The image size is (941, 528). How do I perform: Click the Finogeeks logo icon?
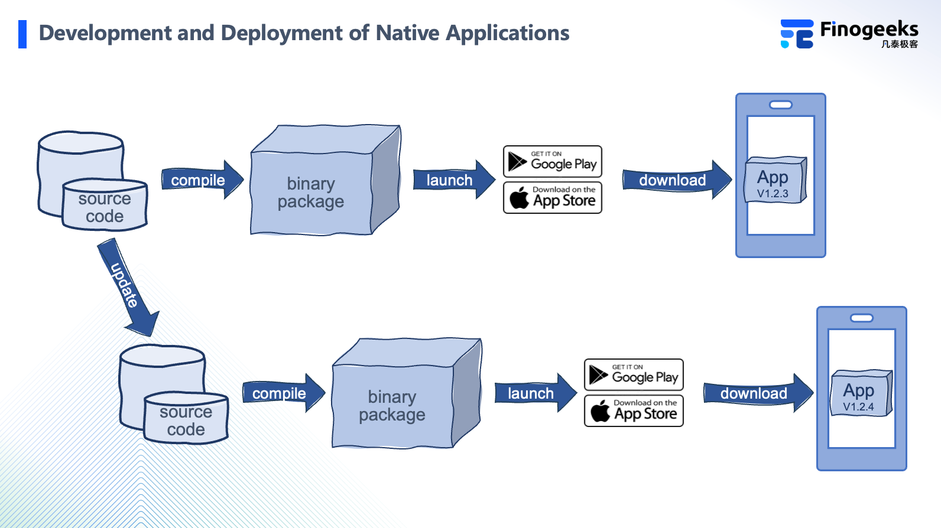(797, 34)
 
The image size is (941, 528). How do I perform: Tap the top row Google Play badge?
(553, 161)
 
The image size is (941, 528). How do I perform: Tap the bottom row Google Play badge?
(634, 374)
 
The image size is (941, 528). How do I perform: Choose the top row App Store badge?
(553, 198)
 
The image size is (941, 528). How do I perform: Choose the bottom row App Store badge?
(634, 411)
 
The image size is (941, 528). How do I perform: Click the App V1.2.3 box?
(774, 181)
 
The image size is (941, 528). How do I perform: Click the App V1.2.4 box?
(861, 394)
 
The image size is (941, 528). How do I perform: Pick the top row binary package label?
(311, 193)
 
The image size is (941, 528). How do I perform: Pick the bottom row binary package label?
(392, 406)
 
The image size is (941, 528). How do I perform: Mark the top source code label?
(105, 207)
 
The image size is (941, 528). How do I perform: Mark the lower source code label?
(186, 421)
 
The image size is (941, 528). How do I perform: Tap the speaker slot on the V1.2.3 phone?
(781, 105)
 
